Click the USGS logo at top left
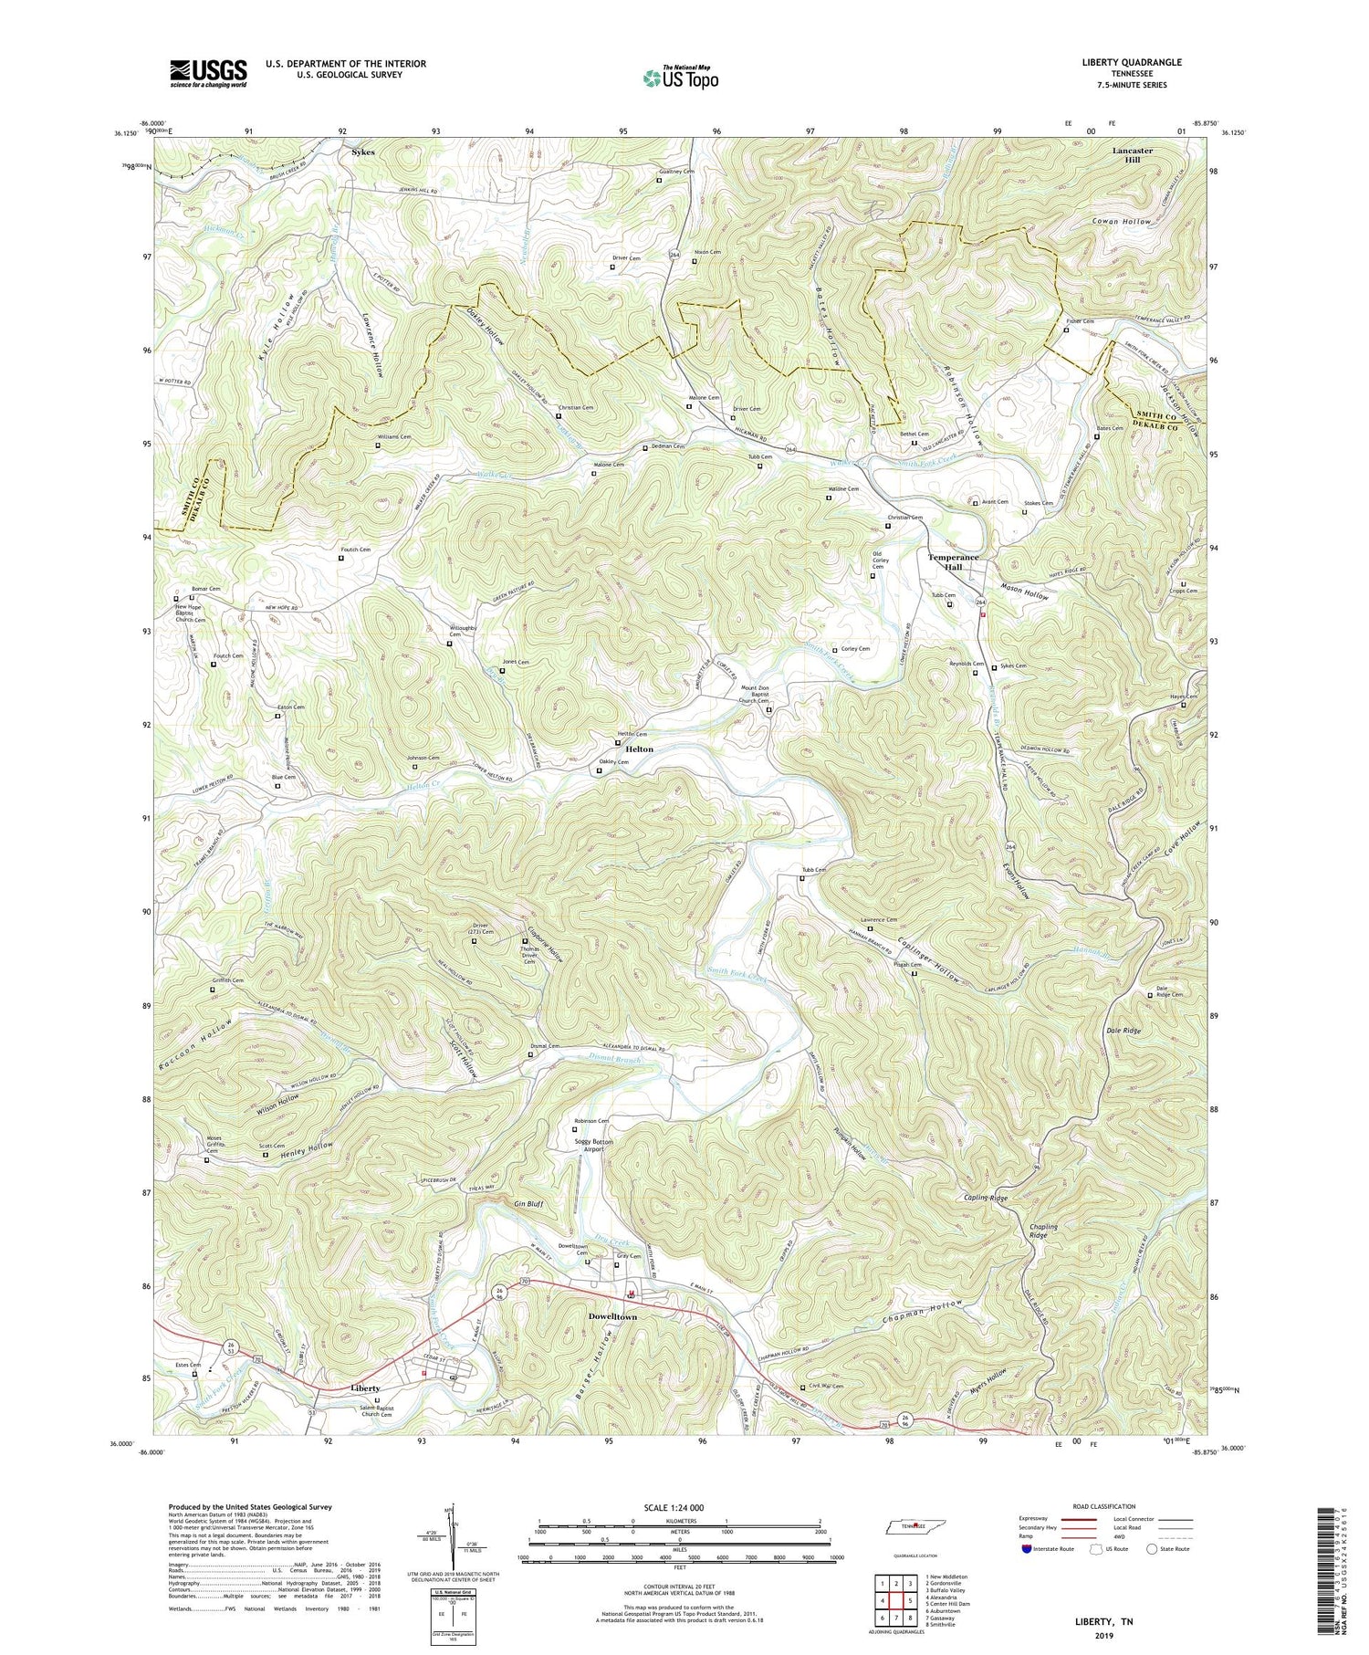(x=208, y=73)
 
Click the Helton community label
(x=639, y=749)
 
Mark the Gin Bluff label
(x=528, y=1204)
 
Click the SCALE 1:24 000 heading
(x=680, y=1507)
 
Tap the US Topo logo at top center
(x=680, y=79)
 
